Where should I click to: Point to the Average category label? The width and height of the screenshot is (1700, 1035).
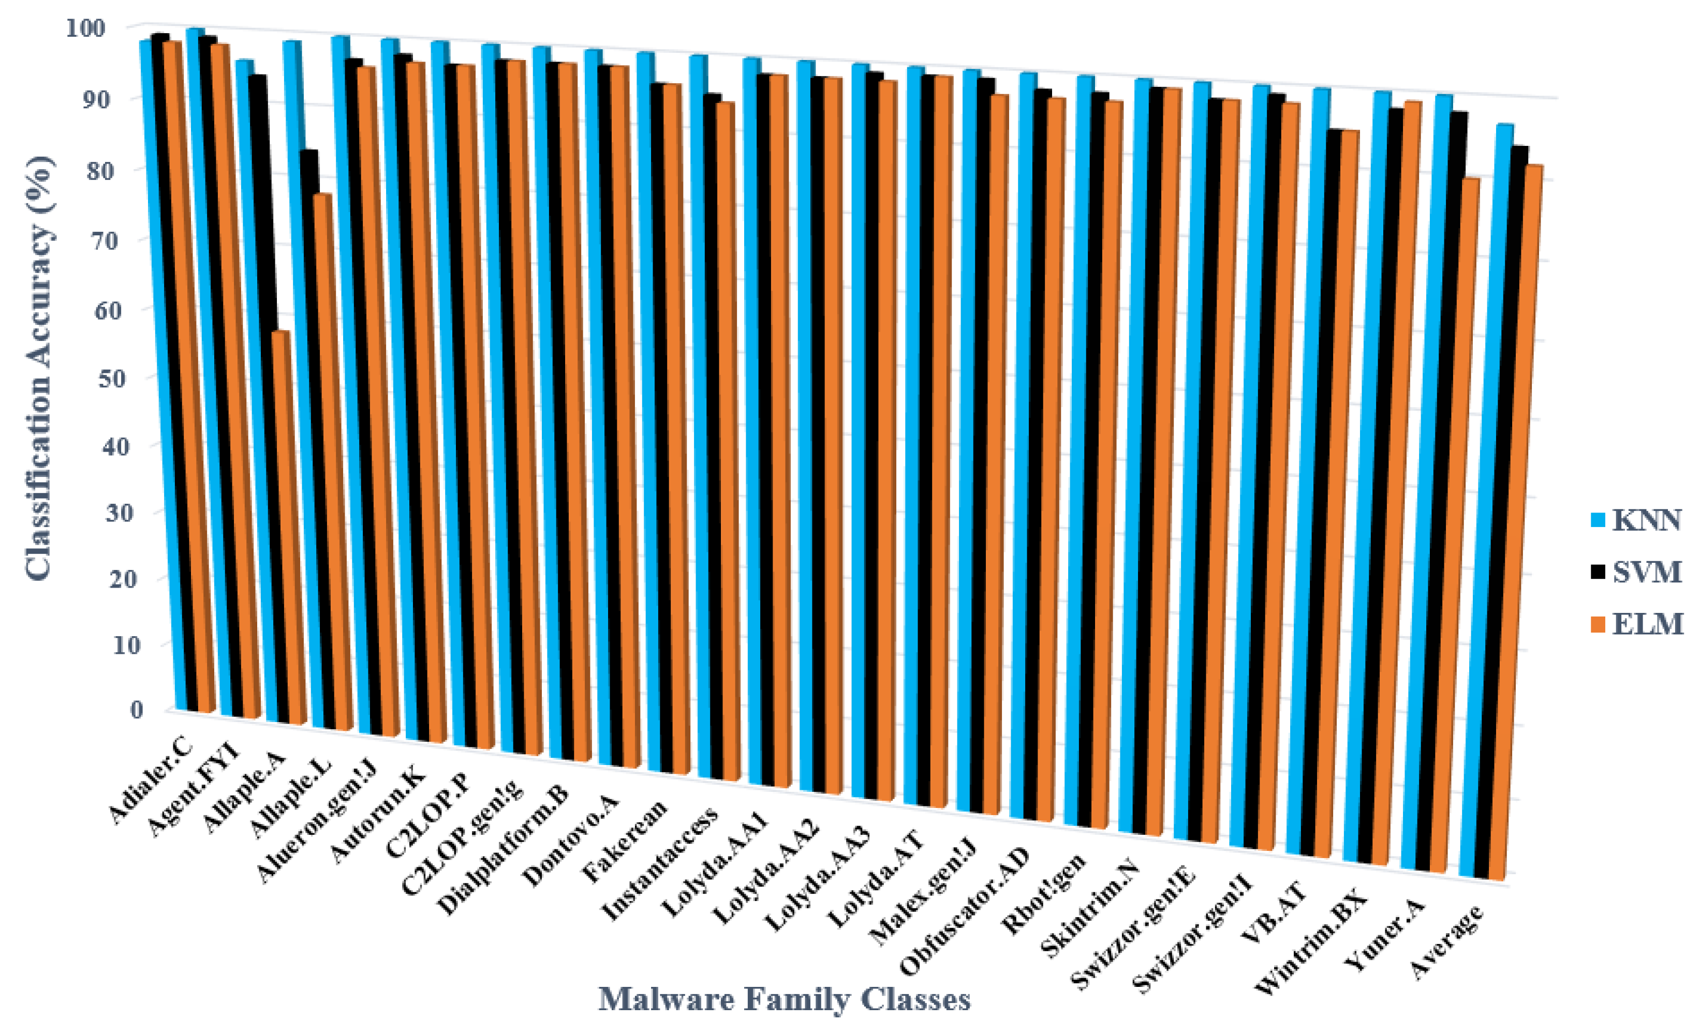1446,942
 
